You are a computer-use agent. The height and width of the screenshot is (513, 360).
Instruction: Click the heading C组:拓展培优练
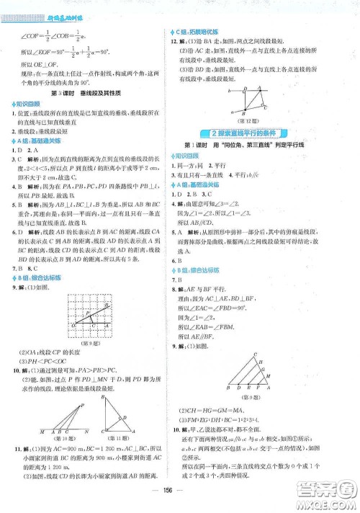(x=199, y=32)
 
